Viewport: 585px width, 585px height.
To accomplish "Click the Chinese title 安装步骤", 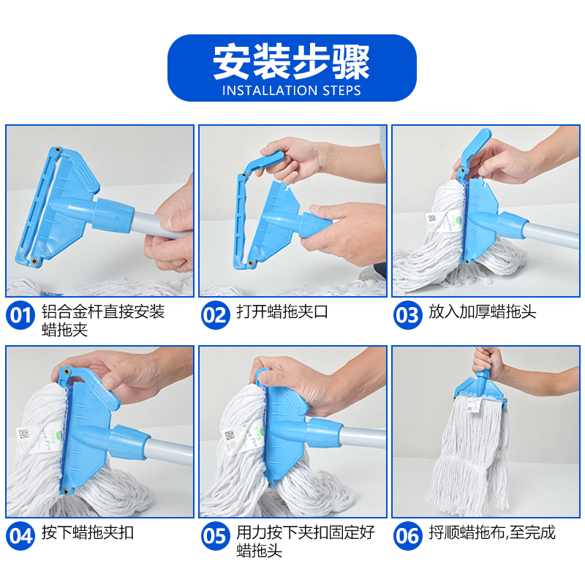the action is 291,62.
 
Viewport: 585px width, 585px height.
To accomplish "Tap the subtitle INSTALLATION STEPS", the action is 291,91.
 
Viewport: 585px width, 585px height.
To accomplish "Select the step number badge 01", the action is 20,315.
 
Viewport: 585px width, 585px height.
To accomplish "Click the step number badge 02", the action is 215,315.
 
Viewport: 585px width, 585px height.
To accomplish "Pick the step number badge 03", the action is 408,315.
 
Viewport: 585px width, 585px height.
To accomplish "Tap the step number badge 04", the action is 20,536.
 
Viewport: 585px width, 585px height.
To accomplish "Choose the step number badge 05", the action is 215,536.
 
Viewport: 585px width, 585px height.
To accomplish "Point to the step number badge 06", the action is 408,536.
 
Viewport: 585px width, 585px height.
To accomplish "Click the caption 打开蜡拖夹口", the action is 282,312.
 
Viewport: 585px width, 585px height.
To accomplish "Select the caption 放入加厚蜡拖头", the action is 482,312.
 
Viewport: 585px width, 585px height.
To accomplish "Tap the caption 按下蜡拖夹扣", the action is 88,533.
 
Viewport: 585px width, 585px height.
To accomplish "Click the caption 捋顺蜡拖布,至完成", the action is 491,533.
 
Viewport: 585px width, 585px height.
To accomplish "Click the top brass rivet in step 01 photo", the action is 57,150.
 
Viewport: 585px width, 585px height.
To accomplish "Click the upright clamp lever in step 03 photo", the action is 473,151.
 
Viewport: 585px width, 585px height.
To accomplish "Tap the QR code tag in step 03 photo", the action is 432,219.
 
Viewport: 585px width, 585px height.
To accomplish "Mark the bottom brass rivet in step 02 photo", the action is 250,263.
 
